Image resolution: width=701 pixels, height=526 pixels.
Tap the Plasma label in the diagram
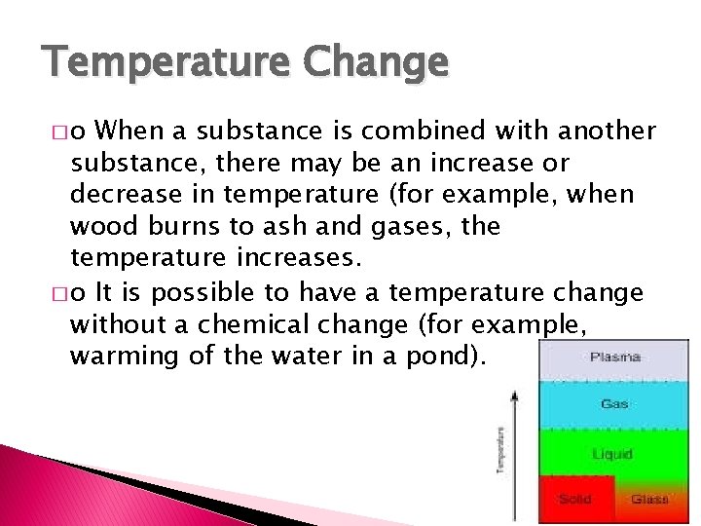coord(615,357)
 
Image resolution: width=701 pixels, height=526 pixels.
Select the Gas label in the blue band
coord(614,403)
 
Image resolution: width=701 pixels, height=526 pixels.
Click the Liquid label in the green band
coord(613,454)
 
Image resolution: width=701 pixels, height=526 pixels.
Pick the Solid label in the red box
coord(574,499)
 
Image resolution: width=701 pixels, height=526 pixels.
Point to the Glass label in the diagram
coord(649,499)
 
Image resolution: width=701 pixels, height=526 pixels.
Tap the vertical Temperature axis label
coord(500,451)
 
